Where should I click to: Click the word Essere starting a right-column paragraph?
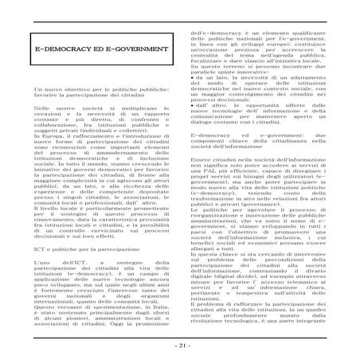pos(202,159)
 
